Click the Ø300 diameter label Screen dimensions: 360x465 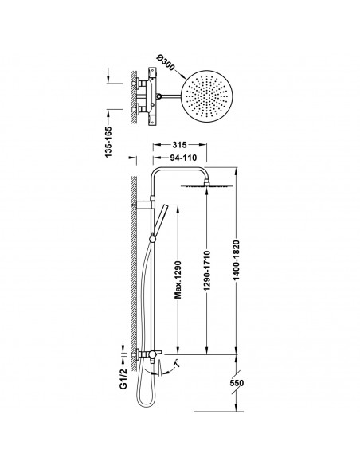coord(165,63)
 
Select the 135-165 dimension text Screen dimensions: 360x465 coord(108,142)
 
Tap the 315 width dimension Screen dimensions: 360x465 coord(179,145)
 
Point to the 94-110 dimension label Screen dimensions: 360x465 coord(183,158)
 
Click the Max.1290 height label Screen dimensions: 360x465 coord(178,279)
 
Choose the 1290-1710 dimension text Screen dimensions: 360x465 coord(207,271)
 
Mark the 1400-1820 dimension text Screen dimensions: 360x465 coord(237,260)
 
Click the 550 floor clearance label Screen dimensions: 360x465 coord(237,383)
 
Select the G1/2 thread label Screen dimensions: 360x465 coord(123,378)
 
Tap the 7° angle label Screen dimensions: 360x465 coord(177,363)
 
